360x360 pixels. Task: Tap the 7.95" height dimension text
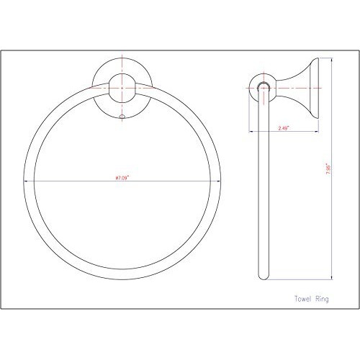click(328, 173)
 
